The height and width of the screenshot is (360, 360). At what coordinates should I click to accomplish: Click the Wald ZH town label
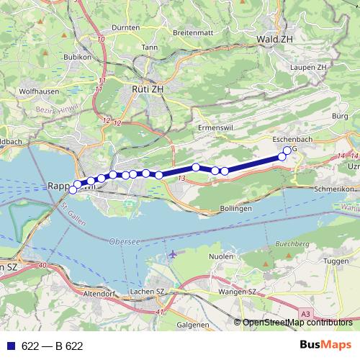click(276, 39)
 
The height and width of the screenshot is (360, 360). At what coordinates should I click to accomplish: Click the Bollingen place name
click(235, 208)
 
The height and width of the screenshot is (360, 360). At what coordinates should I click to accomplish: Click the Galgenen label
click(192, 325)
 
